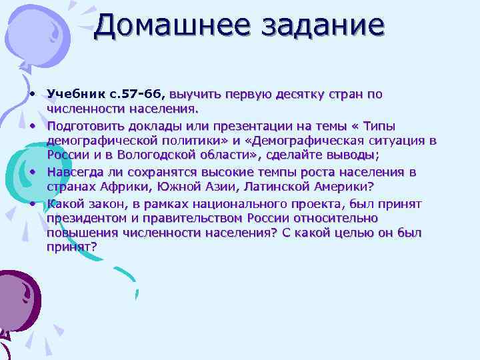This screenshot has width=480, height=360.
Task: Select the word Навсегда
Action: (75, 172)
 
